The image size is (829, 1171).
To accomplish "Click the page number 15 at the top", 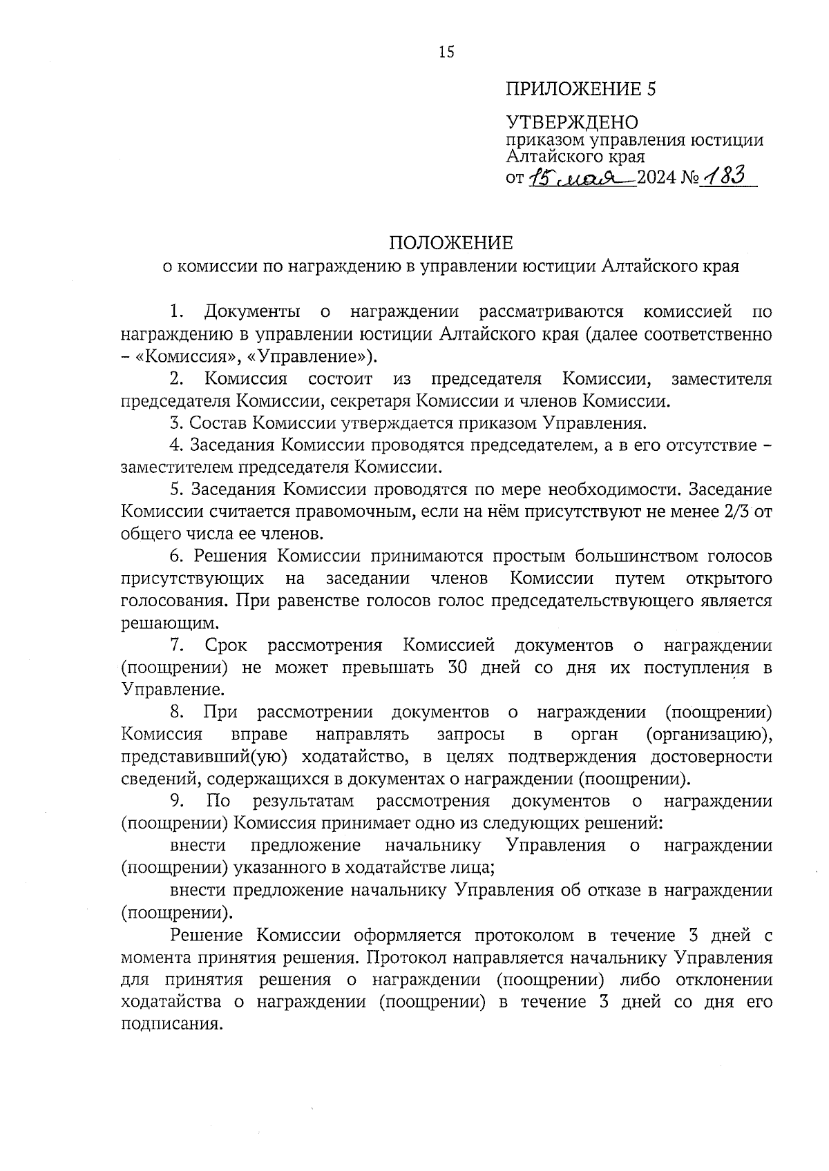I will [446, 52].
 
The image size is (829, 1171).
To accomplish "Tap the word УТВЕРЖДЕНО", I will [573, 123].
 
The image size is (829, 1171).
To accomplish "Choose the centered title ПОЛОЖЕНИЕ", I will [450, 243].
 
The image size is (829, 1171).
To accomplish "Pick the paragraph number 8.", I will [175, 712].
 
